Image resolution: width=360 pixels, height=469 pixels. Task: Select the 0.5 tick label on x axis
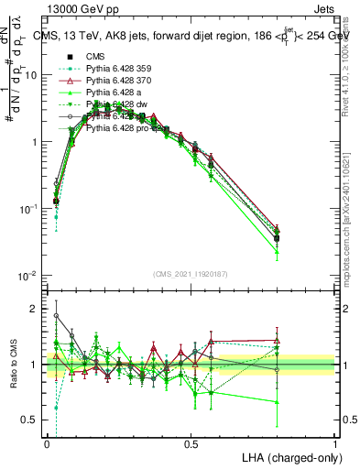(191, 442)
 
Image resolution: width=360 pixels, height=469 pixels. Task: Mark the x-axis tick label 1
(335, 442)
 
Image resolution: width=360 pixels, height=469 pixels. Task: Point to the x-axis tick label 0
(47, 442)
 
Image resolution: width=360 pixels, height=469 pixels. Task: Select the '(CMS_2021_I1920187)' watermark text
(191, 274)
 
